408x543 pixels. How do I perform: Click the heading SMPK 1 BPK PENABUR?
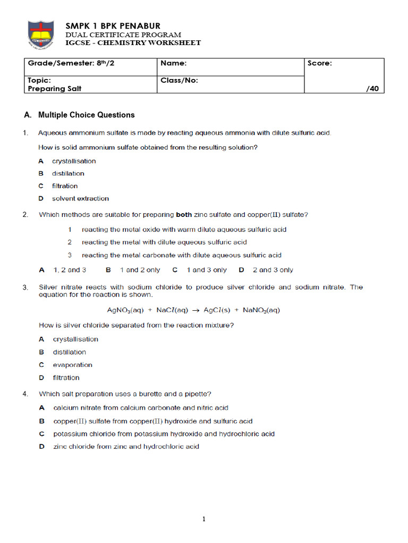[x=113, y=26]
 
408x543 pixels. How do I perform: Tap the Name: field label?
[x=174, y=64]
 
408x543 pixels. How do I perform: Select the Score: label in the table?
[x=320, y=64]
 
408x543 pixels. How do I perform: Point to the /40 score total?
[x=372, y=89]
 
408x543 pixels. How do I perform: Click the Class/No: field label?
[x=179, y=80]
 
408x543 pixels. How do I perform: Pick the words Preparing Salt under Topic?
[x=55, y=89]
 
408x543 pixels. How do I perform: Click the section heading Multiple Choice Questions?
[x=87, y=115]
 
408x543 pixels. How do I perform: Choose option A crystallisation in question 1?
[x=74, y=161]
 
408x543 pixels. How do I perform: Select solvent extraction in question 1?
[x=80, y=198]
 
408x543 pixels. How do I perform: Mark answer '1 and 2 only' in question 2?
[x=140, y=270]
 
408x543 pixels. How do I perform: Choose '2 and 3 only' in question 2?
[x=273, y=270]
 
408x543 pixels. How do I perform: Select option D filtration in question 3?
[x=66, y=378]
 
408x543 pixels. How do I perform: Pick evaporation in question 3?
[x=72, y=365]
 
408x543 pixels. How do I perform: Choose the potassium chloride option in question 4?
[x=164, y=434]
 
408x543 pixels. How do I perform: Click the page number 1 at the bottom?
[x=203, y=519]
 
